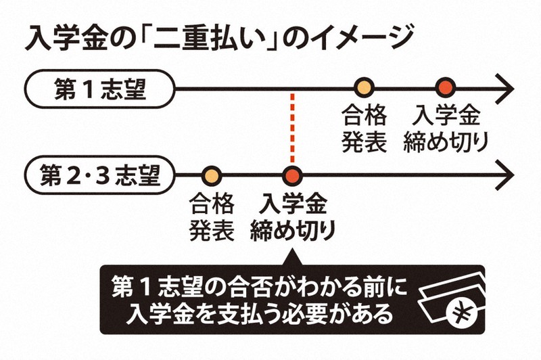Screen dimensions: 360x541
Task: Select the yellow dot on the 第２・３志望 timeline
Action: pyautogui.click(x=212, y=176)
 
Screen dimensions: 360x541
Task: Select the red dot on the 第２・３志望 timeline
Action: pyautogui.click(x=293, y=176)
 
